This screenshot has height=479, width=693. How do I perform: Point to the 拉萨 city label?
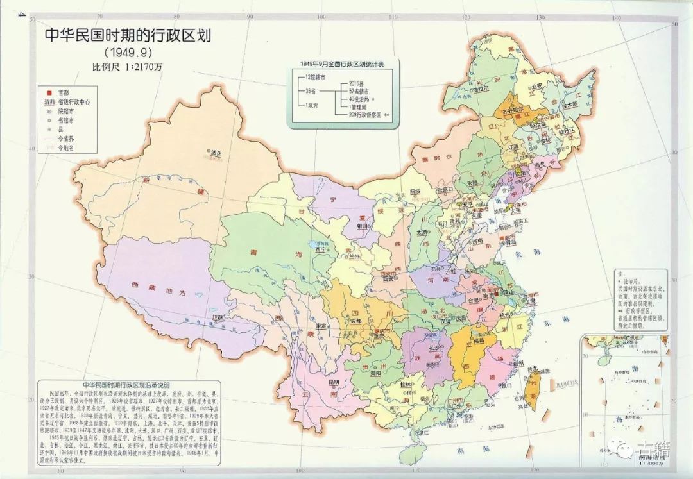click(219, 317)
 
